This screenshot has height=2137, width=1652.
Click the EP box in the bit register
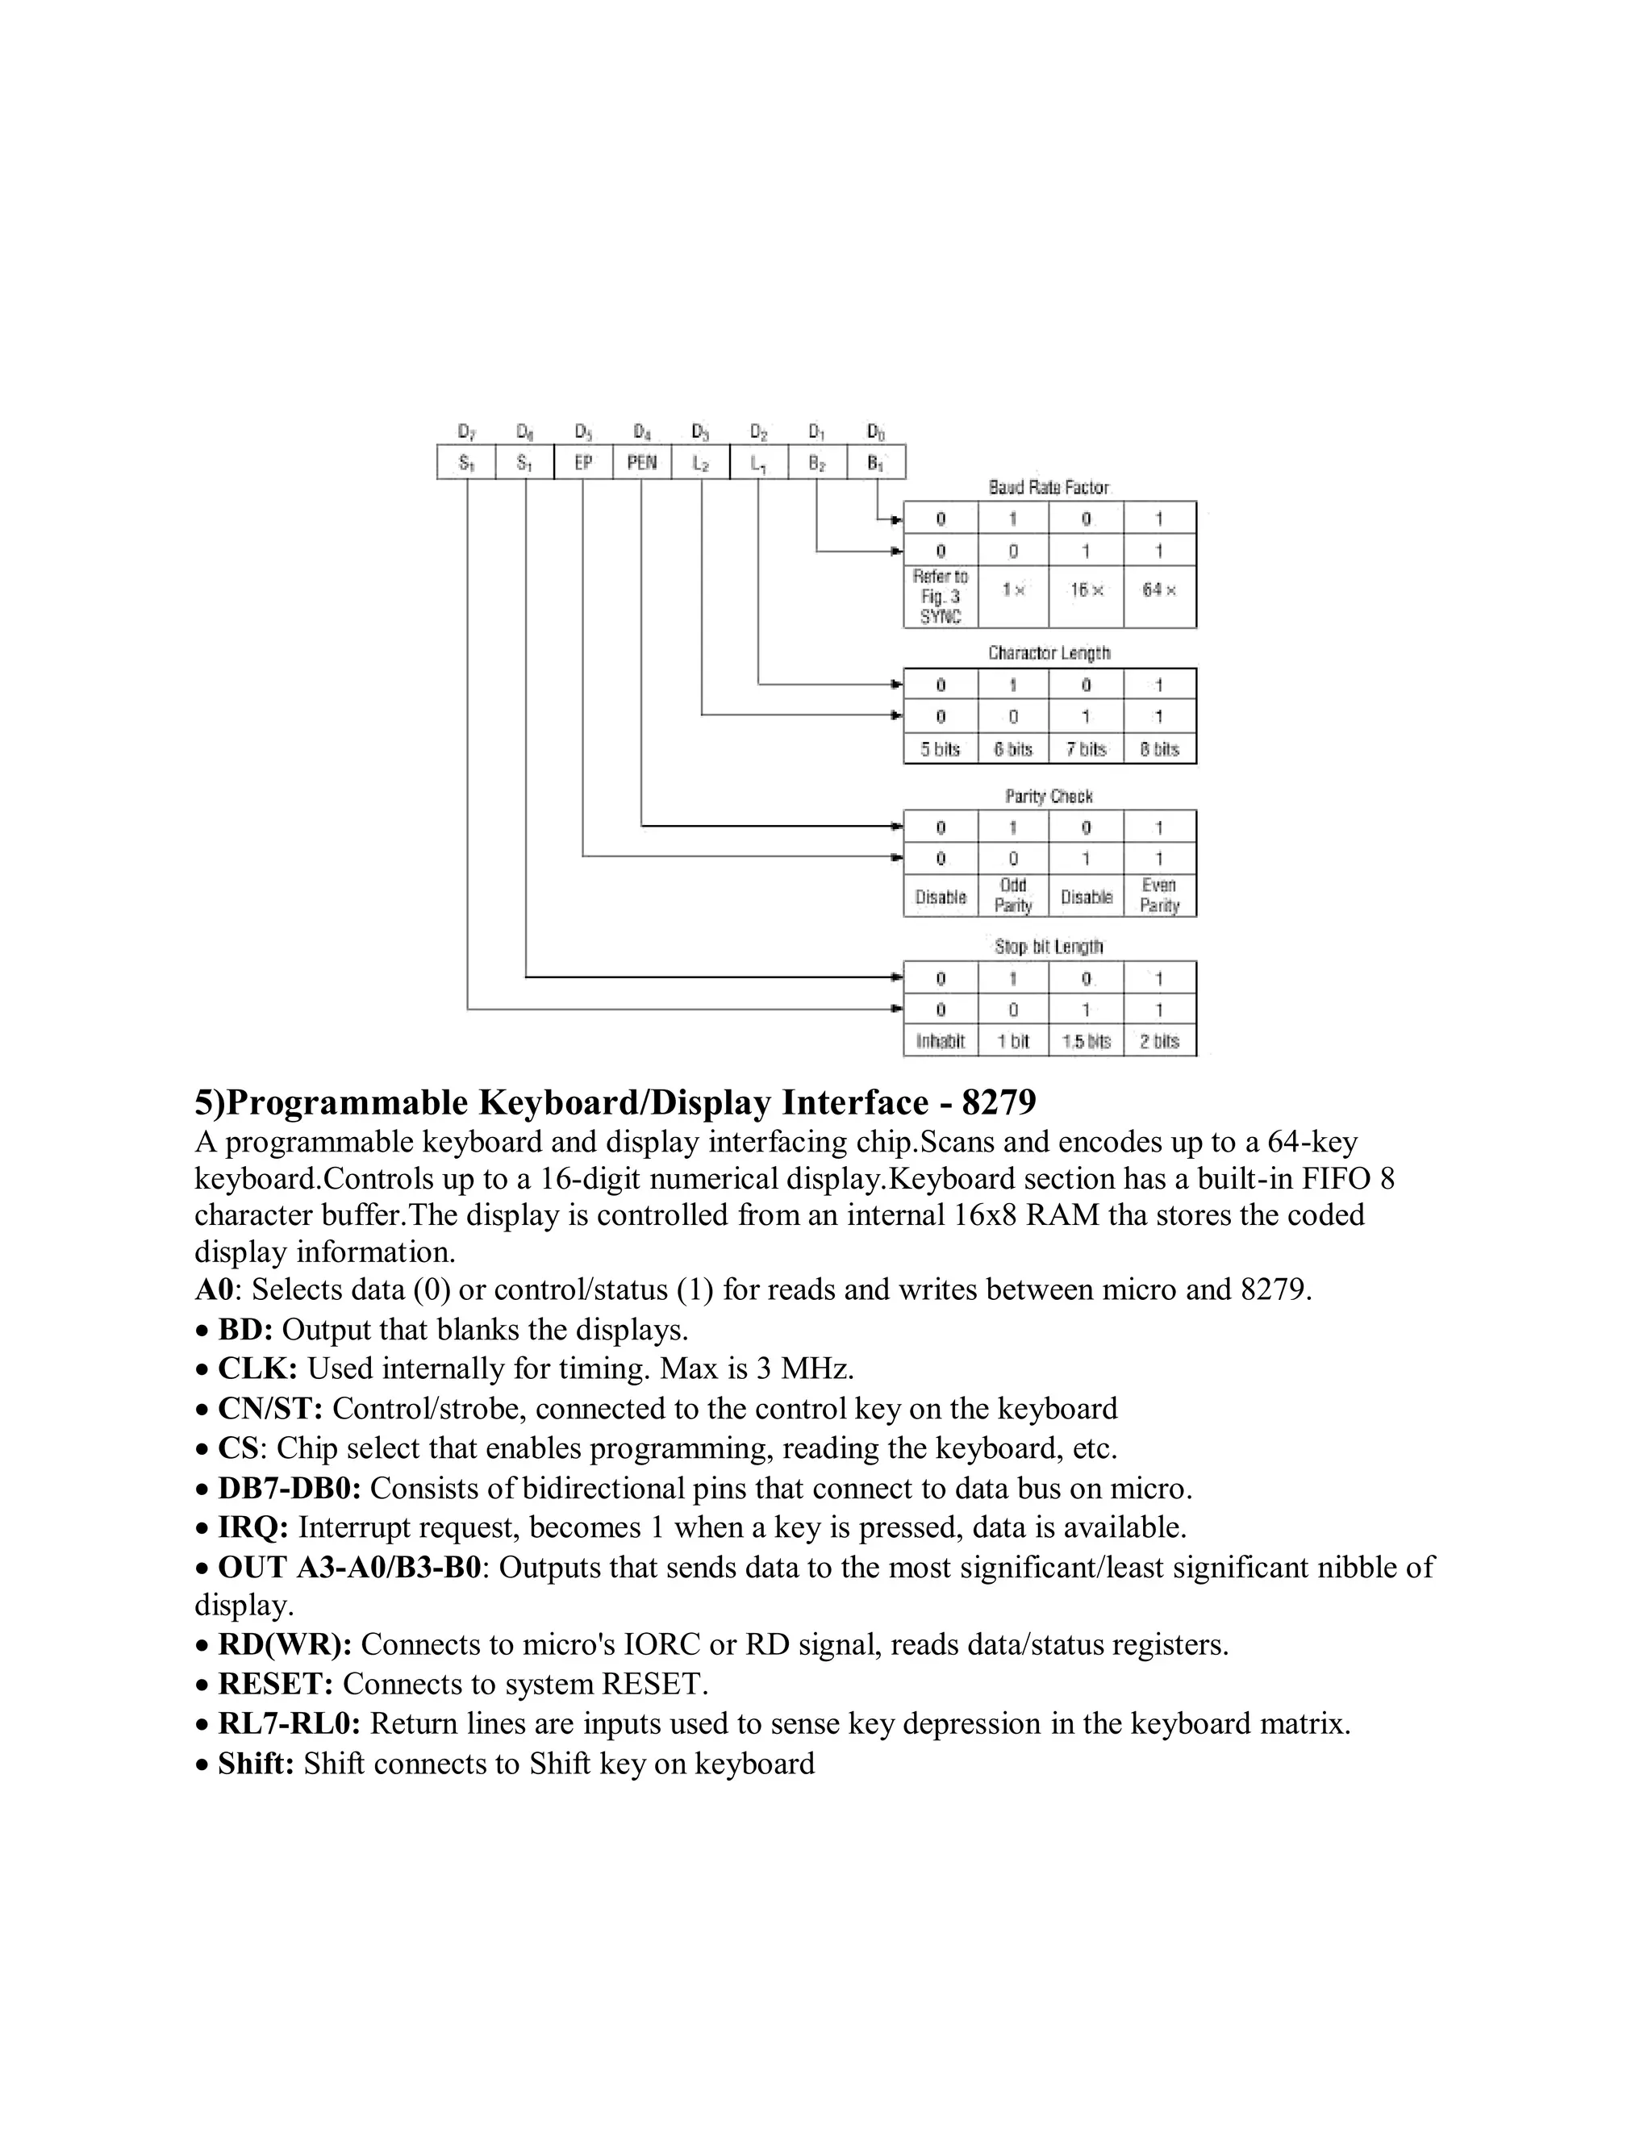(x=583, y=463)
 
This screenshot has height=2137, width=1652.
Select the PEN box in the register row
(x=642, y=463)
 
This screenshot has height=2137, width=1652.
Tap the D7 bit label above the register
(x=467, y=431)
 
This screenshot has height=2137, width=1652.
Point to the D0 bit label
(x=876, y=431)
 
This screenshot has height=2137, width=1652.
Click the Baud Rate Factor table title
(x=1049, y=487)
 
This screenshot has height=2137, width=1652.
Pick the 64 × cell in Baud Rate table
(x=1160, y=590)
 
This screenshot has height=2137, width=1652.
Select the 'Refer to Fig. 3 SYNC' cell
(x=941, y=597)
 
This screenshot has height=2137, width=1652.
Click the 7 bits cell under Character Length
(x=1087, y=749)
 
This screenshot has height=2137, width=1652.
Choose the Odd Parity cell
(x=1013, y=895)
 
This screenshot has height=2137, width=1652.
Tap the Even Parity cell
(x=1160, y=895)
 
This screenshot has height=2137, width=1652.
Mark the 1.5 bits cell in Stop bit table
(x=1087, y=1041)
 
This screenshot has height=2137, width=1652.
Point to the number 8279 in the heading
(x=999, y=1102)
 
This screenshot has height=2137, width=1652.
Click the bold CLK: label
(x=257, y=1368)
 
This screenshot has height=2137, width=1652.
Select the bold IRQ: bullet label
(x=252, y=1527)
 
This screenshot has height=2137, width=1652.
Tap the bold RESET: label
(x=275, y=1684)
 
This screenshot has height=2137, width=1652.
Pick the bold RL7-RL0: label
(x=289, y=1723)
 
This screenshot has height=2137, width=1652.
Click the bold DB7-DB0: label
(x=290, y=1489)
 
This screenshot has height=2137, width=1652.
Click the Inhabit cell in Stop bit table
(x=941, y=1041)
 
